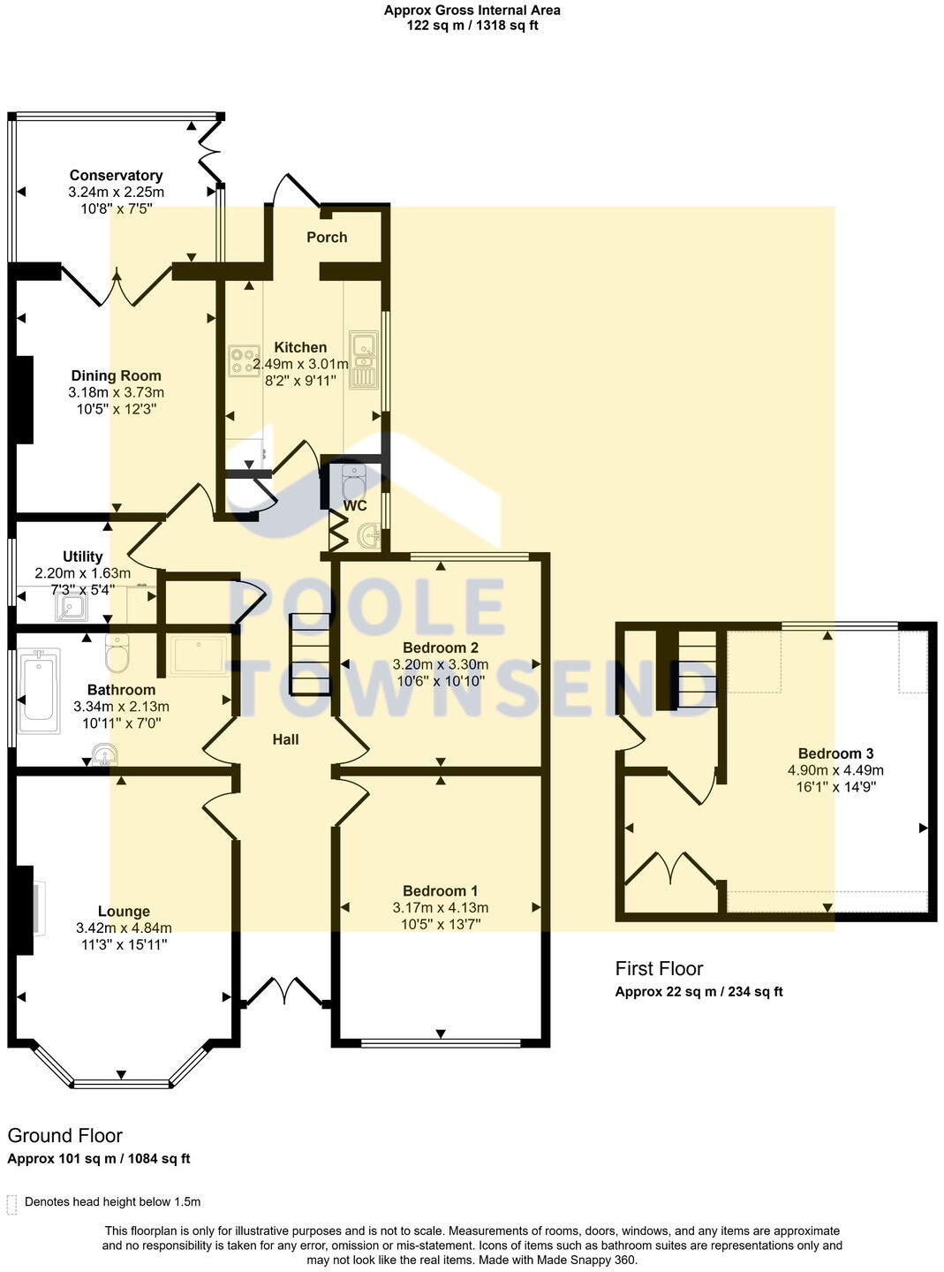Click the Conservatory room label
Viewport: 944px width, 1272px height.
coord(116,175)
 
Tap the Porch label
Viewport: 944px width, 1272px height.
coord(327,237)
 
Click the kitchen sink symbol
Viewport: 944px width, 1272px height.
coord(363,360)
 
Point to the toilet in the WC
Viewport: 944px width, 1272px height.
coord(353,481)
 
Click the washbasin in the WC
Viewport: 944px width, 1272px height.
coord(371,534)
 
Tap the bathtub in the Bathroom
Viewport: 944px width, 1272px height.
coord(38,690)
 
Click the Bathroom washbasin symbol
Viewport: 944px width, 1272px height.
coord(104,755)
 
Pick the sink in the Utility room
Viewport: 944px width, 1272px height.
coord(70,607)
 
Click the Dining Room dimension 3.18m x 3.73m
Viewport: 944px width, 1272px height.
coord(116,392)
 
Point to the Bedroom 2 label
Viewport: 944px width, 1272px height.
coord(440,647)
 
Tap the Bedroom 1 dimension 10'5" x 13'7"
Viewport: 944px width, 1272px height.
coord(440,924)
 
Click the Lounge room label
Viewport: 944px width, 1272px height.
coord(124,911)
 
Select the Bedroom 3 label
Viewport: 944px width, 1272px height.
coord(835,753)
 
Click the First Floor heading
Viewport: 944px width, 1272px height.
coord(659,968)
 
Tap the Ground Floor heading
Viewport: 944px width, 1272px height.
coord(65,1135)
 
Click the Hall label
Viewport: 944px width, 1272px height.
coord(285,739)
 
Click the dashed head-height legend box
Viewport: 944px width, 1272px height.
coord(11,1204)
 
